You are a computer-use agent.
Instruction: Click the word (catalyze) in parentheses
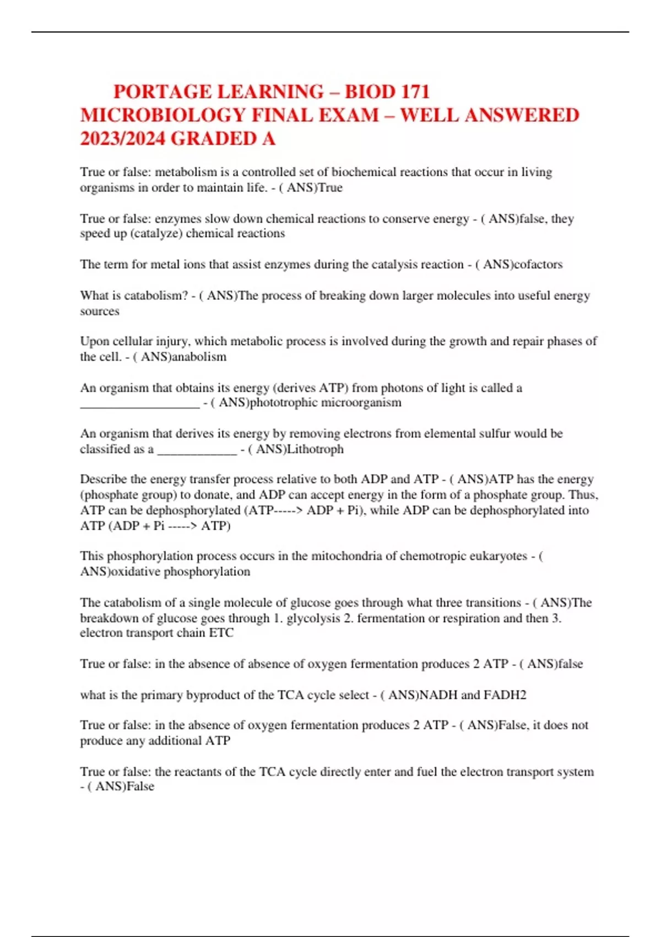(x=156, y=234)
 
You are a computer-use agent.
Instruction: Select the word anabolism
(x=199, y=357)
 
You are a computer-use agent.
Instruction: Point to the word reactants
(x=204, y=772)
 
